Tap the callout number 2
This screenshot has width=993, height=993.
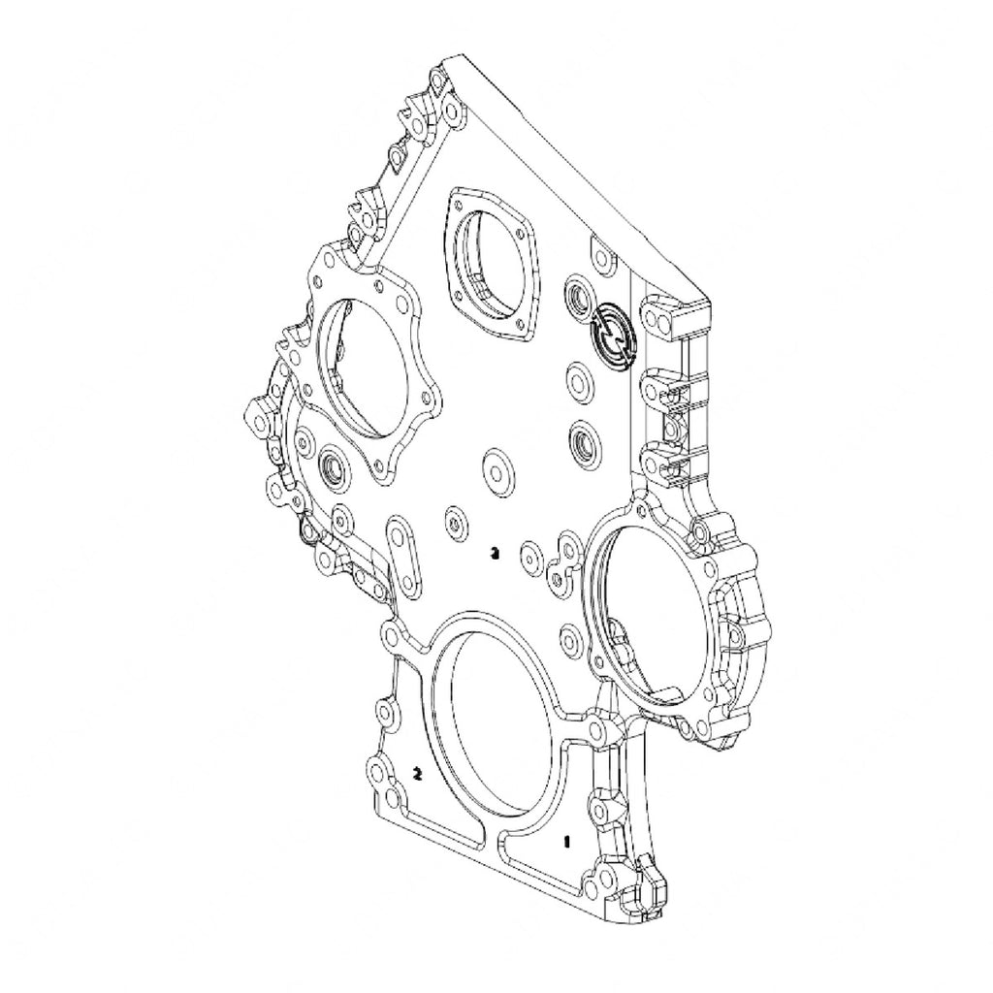[x=417, y=773]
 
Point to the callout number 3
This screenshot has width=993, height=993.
[x=495, y=554]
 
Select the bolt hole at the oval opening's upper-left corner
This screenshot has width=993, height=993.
[x=393, y=635]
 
